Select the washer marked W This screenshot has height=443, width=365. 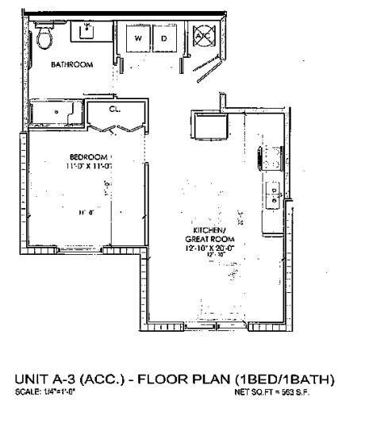click(137, 38)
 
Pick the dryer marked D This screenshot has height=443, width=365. click(164, 38)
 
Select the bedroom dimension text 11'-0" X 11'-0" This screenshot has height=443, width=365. click(88, 165)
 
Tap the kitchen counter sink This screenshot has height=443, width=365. click(274, 195)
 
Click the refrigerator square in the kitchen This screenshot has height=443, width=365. click(211, 126)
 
